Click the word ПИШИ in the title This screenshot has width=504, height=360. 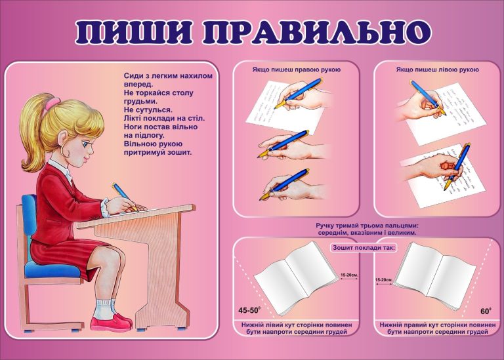[x=132, y=33]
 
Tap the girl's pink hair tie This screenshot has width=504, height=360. [x=52, y=105]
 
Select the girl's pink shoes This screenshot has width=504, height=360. [x=112, y=322]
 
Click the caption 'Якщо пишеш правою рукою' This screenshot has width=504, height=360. [x=295, y=69]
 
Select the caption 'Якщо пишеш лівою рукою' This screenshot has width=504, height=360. [x=437, y=69]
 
